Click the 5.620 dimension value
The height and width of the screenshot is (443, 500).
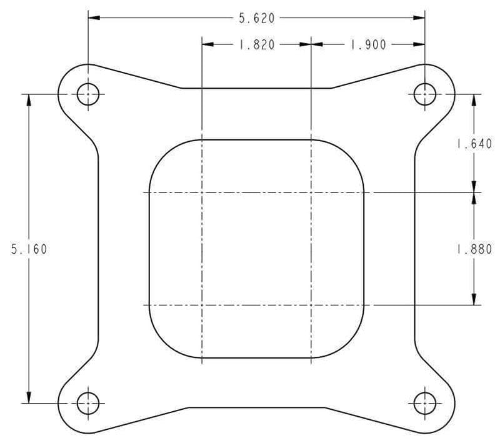256,18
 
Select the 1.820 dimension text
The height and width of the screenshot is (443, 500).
256,44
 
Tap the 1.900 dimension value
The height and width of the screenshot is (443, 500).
368,44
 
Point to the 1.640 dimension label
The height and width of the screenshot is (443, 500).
474,144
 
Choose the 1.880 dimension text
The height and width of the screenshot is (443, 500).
474,249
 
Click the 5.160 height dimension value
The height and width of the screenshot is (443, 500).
29,249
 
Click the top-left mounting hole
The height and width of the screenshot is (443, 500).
87,94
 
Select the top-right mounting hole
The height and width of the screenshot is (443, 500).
425,94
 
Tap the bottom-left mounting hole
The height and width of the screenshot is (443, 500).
87,403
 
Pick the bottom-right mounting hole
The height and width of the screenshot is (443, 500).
425,403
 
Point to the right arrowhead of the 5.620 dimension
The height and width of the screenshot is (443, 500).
420,18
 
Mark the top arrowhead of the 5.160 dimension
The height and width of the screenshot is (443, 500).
29,100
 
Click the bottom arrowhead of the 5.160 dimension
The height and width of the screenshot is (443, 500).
29,398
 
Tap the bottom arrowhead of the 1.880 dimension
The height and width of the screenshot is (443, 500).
474,300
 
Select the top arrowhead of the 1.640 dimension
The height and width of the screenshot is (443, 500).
474,100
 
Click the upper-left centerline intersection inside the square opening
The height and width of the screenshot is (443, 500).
202,192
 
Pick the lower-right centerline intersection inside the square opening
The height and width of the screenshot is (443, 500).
311,305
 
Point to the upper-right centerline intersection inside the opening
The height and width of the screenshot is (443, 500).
311,192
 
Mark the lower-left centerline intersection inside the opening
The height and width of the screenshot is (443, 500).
202,305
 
